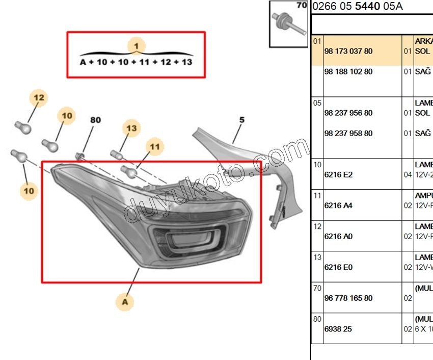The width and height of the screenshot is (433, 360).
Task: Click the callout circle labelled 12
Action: [x=39, y=97]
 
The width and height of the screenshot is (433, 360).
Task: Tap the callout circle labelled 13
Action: [x=132, y=128]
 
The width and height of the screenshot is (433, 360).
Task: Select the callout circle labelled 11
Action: [x=155, y=147]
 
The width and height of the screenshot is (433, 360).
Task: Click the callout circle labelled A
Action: [x=124, y=302]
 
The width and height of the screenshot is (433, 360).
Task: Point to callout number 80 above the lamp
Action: [x=95, y=121]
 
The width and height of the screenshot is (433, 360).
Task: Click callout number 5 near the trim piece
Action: [x=242, y=120]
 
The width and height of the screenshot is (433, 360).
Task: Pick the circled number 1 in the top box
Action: [x=136, y=46]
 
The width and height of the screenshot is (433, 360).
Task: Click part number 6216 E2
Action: [x=338, y=174]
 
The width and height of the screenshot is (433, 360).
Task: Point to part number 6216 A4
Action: [x=338, y=205]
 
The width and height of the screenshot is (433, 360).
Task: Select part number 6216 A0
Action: [x=338, y=236]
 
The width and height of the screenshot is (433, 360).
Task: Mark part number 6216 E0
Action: [x=338, y=267]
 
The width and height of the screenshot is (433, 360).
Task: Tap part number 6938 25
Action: [x=338, y=329]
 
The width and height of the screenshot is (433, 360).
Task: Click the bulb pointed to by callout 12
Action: [x=22, y=126]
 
